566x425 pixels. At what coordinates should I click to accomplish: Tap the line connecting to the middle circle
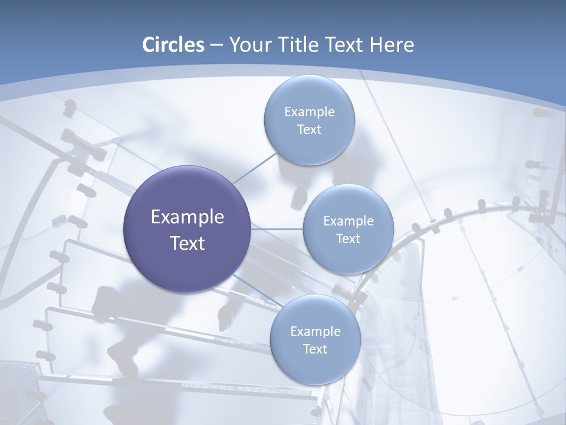(x=277, y=229)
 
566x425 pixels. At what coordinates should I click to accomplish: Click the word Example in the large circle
(x=187, y=217)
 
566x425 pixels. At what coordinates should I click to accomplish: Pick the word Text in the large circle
(x=187, y=243)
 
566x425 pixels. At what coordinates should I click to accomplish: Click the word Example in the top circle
(x=309, y=112)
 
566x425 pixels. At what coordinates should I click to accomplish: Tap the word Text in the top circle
(x=309, y=130)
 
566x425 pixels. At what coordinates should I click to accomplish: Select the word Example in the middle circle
(x=348, y=221)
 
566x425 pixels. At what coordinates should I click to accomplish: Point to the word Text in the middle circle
(x=348, y=239)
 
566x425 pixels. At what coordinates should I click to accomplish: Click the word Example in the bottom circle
(x=315, y=332)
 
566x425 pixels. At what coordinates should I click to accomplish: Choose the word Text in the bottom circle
(x=315, y=349)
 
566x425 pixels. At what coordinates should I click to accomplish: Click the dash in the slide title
(x=216, y=45)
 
